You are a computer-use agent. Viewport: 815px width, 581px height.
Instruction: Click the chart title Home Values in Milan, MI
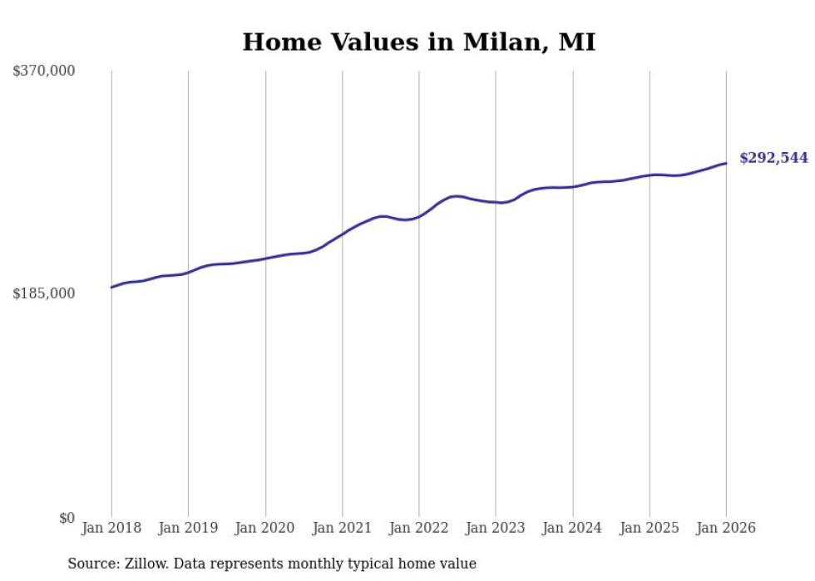418,42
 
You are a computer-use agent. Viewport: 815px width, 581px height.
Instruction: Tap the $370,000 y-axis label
44,71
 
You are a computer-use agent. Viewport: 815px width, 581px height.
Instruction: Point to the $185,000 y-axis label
44,293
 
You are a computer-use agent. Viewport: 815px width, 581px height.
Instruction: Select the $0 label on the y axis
67,518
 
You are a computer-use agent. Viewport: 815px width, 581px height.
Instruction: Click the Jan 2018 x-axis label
111,528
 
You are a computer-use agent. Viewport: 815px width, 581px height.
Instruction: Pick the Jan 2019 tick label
188,528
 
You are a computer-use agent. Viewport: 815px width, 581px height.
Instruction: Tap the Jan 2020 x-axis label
265,528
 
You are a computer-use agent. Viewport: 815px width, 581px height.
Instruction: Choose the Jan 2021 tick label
342,528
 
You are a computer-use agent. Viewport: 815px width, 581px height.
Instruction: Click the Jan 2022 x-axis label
418,528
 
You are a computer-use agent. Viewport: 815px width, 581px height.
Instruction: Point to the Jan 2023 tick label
496,528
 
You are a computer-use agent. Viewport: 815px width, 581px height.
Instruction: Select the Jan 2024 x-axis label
572,528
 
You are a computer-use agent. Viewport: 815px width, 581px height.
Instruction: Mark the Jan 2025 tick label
649,528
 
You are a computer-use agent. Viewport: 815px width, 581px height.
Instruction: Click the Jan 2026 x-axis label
725,528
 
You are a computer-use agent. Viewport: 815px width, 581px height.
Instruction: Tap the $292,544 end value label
773,158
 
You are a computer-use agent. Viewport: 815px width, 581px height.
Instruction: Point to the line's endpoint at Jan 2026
726,163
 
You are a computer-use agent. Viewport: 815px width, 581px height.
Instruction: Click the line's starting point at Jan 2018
111,287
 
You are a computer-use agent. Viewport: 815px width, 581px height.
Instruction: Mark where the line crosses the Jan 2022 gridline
419,216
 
